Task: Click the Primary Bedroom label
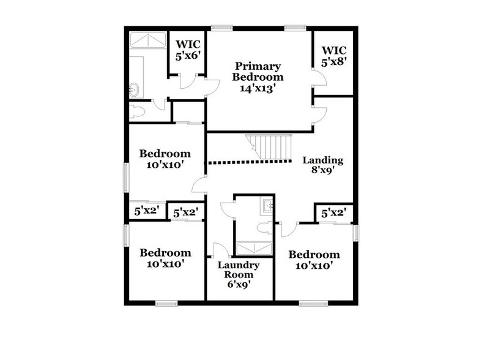[258, 72]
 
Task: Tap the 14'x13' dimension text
[258, 88]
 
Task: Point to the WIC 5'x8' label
[333, 56]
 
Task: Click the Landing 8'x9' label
[323, 166]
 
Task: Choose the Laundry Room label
[238, 270]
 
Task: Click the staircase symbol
[271, 148]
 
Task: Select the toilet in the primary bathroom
[136, 111]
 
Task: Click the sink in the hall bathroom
[267, 206]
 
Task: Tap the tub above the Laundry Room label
[254, 248]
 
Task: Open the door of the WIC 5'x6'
[189, 81]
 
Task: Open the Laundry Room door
[220, 250]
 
